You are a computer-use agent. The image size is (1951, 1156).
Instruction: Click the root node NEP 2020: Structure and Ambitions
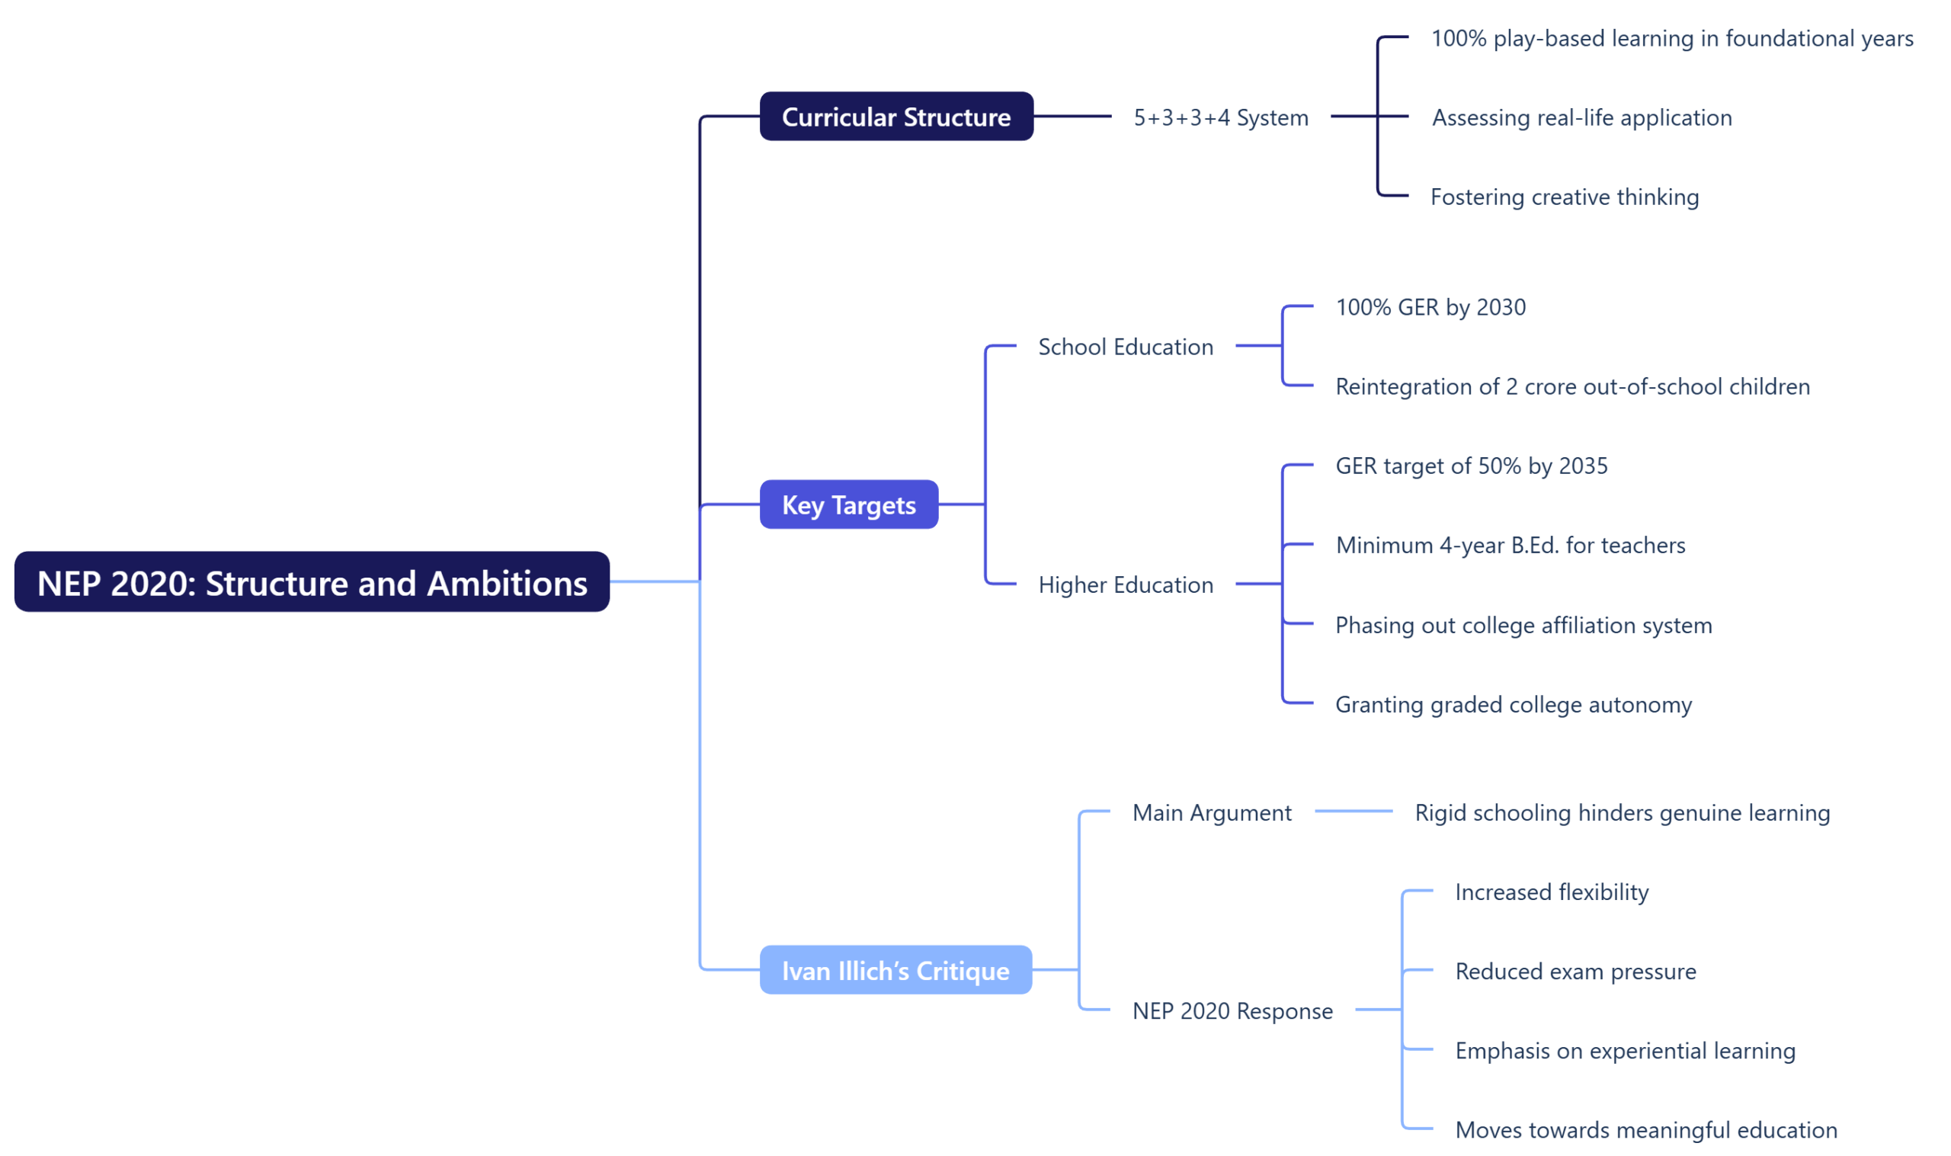tap(312, 582)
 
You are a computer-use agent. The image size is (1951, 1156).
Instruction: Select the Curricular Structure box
tap(896, 117)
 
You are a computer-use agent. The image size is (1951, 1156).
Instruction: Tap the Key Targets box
tap(849, 504)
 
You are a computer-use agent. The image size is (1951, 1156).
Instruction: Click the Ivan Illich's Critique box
tap(895, 971)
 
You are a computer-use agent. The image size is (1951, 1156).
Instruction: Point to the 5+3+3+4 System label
tap(1220, 117)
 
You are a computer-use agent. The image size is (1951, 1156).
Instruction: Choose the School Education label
tap(1126, 347)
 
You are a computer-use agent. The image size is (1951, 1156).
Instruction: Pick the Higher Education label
tap(1126, 584)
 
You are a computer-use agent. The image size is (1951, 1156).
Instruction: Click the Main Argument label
tap(1212, 812)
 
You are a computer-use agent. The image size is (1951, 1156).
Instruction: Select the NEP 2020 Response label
tap(1232, 1010)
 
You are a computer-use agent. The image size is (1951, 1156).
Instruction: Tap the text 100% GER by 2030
tap(1430, 307)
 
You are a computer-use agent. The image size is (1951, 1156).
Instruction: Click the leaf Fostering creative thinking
tap(1564, 197)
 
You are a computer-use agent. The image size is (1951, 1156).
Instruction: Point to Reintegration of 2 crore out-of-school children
tap(1571, 386)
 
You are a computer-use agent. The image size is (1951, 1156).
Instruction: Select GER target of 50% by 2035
tap(1471, 466)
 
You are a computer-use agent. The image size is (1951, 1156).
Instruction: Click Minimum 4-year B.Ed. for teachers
tap(1511, 546)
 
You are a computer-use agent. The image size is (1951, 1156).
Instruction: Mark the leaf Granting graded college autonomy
tap(1514, 704)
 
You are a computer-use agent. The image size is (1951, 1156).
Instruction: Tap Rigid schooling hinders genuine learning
tap(1622, 812)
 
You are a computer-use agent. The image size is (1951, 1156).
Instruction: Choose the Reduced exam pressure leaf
tap(1575, 972)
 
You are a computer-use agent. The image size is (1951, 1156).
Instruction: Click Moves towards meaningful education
tap(1645, 1129)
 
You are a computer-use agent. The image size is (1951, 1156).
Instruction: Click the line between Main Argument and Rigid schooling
tap(1354, 812)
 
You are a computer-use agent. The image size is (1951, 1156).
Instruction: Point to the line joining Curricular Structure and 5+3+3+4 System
tap(1072, 116)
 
